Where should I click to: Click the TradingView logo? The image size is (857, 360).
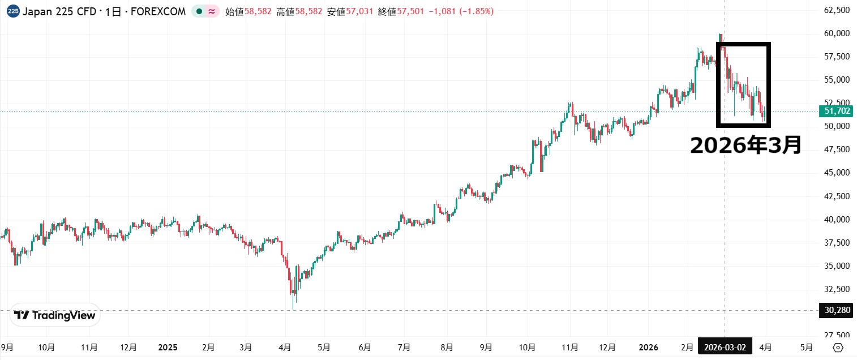coord(55,315)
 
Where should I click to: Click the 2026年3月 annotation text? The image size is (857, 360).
coord(745,145)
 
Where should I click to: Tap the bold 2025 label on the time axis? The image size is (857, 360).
coord(168,348)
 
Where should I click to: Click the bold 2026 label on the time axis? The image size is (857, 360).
coord(649,348)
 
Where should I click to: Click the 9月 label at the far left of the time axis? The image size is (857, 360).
coord(7,348)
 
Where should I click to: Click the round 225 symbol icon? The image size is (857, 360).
coord(13,11)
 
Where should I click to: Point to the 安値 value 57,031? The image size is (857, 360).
coord(360,11)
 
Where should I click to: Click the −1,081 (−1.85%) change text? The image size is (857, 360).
coord(461,11)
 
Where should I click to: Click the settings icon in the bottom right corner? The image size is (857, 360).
coord(838,348)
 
